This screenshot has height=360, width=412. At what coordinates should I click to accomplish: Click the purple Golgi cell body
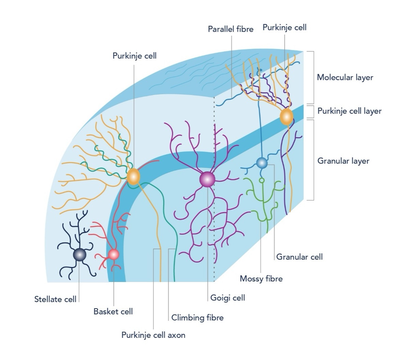[x=207, y=179]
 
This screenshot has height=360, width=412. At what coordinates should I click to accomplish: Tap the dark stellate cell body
[x=80, y=254]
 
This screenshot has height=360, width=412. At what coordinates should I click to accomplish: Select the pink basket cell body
[x=113, y=254]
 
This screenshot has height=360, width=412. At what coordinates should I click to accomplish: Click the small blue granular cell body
[x=262, y=163]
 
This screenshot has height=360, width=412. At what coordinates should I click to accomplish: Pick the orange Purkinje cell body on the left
[x=133, y=176]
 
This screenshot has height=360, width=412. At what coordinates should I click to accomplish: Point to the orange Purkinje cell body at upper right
[x=286, y=117]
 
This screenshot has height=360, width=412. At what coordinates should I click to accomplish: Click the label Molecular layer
[x=345, y=77]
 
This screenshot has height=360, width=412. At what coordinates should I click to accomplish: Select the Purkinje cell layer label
[x=349, y=111]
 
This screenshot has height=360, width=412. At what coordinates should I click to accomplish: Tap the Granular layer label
[x=343, y=161]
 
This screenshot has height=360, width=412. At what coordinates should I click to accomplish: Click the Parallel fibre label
[x=231, y=29]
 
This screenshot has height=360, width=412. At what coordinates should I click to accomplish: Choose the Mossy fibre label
[x=261, y=279]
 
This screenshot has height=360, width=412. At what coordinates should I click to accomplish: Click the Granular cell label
[x=299, y=257]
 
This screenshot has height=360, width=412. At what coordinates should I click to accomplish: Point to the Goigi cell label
[x=227, y=298]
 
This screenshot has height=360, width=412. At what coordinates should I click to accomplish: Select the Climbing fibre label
[x=197, y=318]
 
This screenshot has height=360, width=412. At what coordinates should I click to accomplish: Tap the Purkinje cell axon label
[x=153, y=335]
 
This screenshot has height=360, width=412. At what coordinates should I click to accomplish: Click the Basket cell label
[x=113, y=311]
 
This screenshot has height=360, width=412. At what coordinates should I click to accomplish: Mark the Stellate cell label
[x=55, y=299]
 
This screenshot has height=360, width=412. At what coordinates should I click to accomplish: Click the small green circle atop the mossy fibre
[x=262, y=180]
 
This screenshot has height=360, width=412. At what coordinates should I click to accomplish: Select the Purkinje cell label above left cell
[x=134, y=56]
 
